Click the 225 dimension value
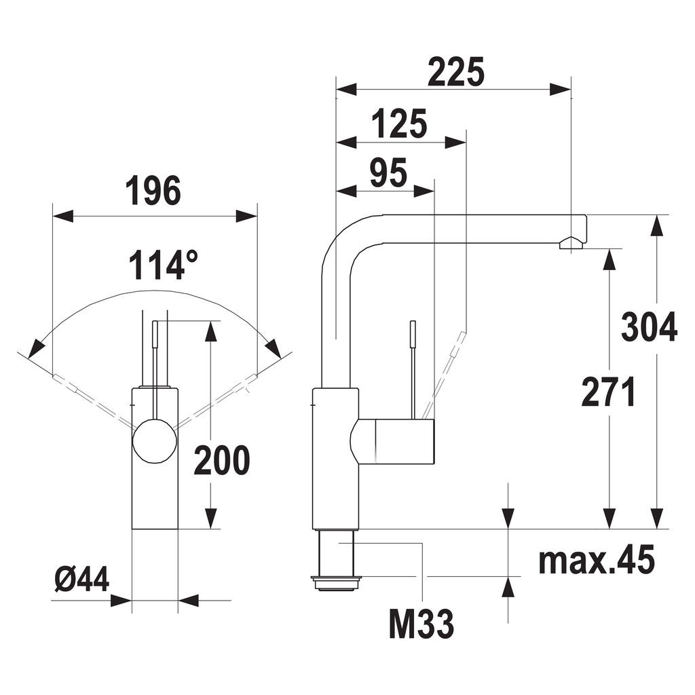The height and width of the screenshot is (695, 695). (x=455, y=71)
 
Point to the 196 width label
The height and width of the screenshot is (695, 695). (x=153, y=191)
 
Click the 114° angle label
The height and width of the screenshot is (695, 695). (x=163, y=265)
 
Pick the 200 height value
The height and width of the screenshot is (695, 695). (x=222, y=461)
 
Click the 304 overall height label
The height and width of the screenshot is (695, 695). (x=649, y=327)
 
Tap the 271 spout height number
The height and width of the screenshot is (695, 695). (x=609, y=392)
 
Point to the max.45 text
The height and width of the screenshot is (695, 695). (x=597, y=560)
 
